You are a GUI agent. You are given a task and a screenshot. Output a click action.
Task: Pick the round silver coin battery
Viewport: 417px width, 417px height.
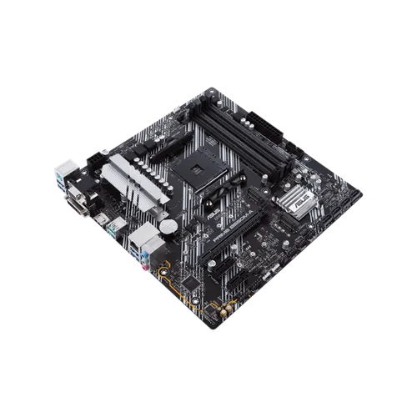click(x=169, y=226)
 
